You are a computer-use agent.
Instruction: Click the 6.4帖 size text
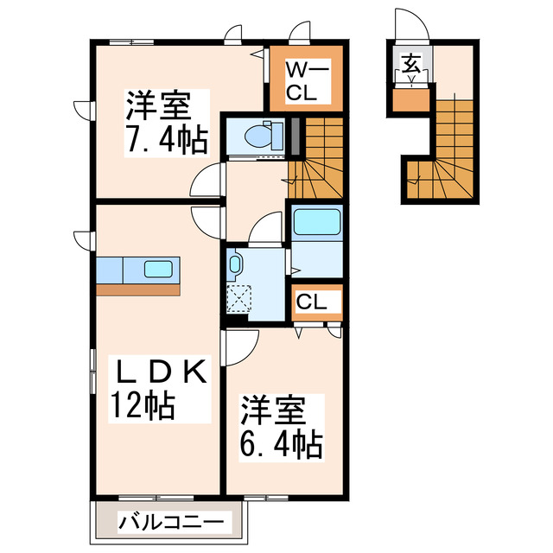pos(281,445)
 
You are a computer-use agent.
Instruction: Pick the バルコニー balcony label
pos(171,522)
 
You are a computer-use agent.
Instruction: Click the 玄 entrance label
pos(410,63)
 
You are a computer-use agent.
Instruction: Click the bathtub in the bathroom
pos(317,222)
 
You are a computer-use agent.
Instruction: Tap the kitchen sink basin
pos(157,270)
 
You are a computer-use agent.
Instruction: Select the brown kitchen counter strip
pos(138,289)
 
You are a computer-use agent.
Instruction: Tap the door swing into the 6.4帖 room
pos(239,346)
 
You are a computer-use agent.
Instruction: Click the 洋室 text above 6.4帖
pos(269,408)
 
